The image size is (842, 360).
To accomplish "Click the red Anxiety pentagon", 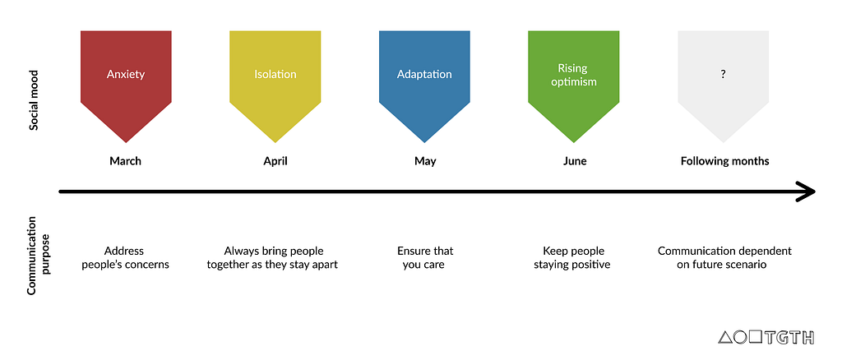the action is [126, 81].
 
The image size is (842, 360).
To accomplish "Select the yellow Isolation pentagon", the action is [275, 81].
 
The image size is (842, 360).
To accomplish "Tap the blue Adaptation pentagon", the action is [424, 81].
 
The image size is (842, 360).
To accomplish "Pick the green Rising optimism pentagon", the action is [573, 81].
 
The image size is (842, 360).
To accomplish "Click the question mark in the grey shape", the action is [724, 75].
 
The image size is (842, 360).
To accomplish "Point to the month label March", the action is [125, 161].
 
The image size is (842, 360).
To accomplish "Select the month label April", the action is [275, 161].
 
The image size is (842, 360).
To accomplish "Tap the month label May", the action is [425, 161].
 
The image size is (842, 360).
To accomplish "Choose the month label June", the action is [575, 161].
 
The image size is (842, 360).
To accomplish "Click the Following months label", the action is [725, 161].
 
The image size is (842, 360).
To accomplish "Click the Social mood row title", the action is [34, 99].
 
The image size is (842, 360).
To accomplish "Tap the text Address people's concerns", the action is [125, 257].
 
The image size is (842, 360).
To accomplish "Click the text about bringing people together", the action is [272, 257].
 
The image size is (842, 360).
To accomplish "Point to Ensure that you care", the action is [425, 257].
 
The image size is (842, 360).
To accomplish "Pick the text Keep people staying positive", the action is [572, 257].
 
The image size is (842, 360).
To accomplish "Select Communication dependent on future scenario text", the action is [724, 257].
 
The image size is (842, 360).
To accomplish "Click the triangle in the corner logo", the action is [725, 338].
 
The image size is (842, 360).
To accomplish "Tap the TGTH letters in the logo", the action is [789, 338].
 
